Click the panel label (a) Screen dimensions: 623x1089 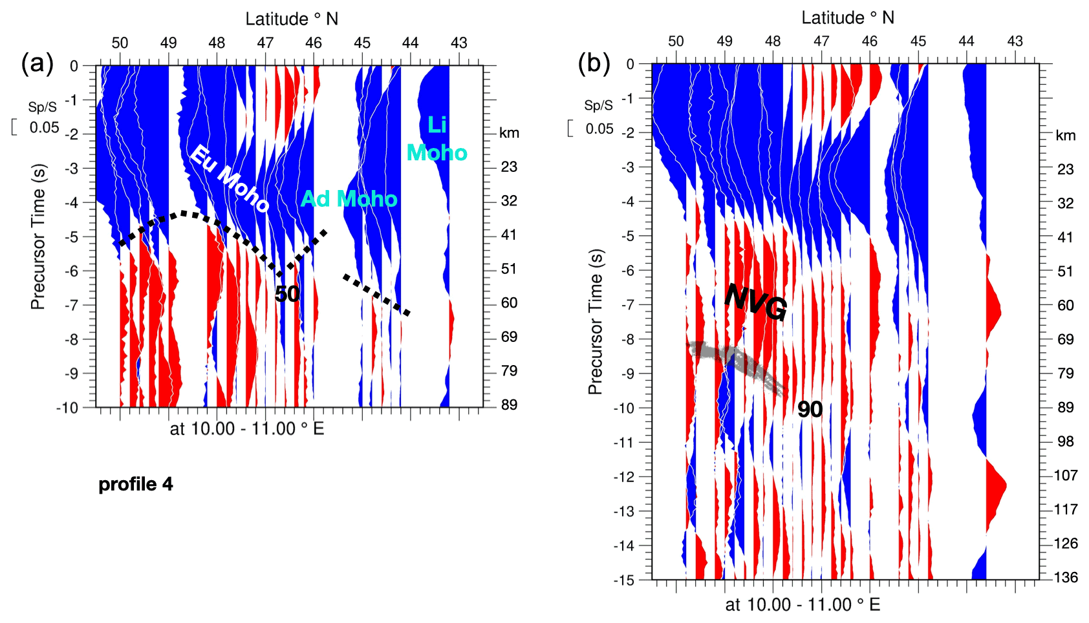[38, 64]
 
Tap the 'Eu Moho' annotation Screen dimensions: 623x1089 [230, 179]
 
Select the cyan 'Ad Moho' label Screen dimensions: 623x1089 [349, 198]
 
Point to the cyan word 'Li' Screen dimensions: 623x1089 [437, 125]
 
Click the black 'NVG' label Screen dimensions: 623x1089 [755, 302]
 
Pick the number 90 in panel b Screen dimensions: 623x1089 [810, 409]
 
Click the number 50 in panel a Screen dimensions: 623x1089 [286, 294]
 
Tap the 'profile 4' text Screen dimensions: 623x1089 [136, 484]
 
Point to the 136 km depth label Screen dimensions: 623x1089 [1066, 577]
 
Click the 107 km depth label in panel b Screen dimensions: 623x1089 [1066, 476]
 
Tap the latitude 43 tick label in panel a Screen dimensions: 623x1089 [458, 43]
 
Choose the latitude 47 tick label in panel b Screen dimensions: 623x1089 [821, 41]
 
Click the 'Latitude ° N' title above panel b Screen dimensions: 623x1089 [848, 17]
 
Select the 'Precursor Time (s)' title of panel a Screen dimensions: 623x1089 [38, 237]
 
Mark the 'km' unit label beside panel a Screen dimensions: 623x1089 [509, 133]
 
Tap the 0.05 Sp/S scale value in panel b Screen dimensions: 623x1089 [599, 129]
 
